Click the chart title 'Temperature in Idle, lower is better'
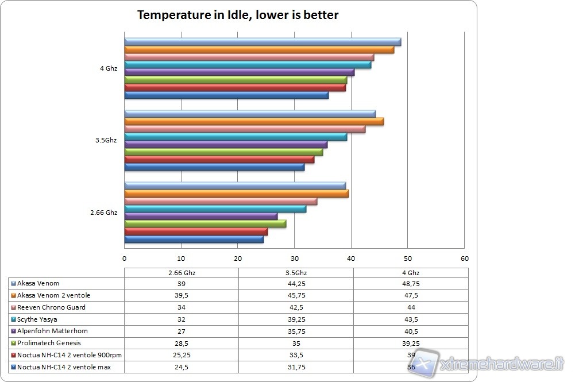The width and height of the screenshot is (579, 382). (237, 15)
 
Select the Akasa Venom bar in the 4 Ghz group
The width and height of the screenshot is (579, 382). (263, 42)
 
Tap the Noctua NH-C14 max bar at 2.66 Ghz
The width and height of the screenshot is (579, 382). (194, 239)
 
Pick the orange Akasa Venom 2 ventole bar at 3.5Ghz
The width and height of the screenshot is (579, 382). (254, 122)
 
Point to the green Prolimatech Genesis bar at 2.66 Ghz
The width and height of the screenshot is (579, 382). (205, 224)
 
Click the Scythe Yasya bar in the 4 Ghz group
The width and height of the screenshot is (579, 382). (248, 65)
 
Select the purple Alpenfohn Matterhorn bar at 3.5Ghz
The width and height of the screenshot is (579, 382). (226, 145)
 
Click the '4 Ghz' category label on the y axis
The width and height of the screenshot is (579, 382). (108, 68)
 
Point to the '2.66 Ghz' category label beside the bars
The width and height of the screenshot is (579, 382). (103, 213)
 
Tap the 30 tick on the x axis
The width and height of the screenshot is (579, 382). (295, 258)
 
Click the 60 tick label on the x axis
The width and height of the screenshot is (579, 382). (464, 258)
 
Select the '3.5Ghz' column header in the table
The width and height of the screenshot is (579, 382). (295, 273)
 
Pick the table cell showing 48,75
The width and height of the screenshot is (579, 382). (410, 284)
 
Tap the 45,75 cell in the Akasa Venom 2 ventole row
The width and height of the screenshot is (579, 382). (295, 295)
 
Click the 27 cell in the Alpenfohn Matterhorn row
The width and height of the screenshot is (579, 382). (182, 331)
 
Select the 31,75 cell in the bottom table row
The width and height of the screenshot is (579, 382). (295, 367)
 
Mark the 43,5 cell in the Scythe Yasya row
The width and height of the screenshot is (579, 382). (410, 319)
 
